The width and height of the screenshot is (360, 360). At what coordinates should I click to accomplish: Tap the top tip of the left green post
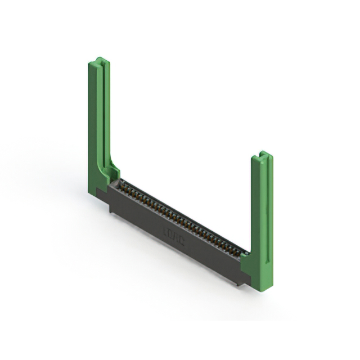tap(98, 58)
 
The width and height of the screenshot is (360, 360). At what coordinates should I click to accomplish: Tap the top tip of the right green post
tap(262, 152)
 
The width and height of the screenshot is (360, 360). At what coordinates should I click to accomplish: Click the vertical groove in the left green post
tap(101, 112)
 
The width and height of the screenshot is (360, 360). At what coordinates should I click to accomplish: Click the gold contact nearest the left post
tap(120, 185)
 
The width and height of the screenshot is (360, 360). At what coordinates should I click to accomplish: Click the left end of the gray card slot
tap(119, 182)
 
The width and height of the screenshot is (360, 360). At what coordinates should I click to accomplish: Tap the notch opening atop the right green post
tap(262, 154)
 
